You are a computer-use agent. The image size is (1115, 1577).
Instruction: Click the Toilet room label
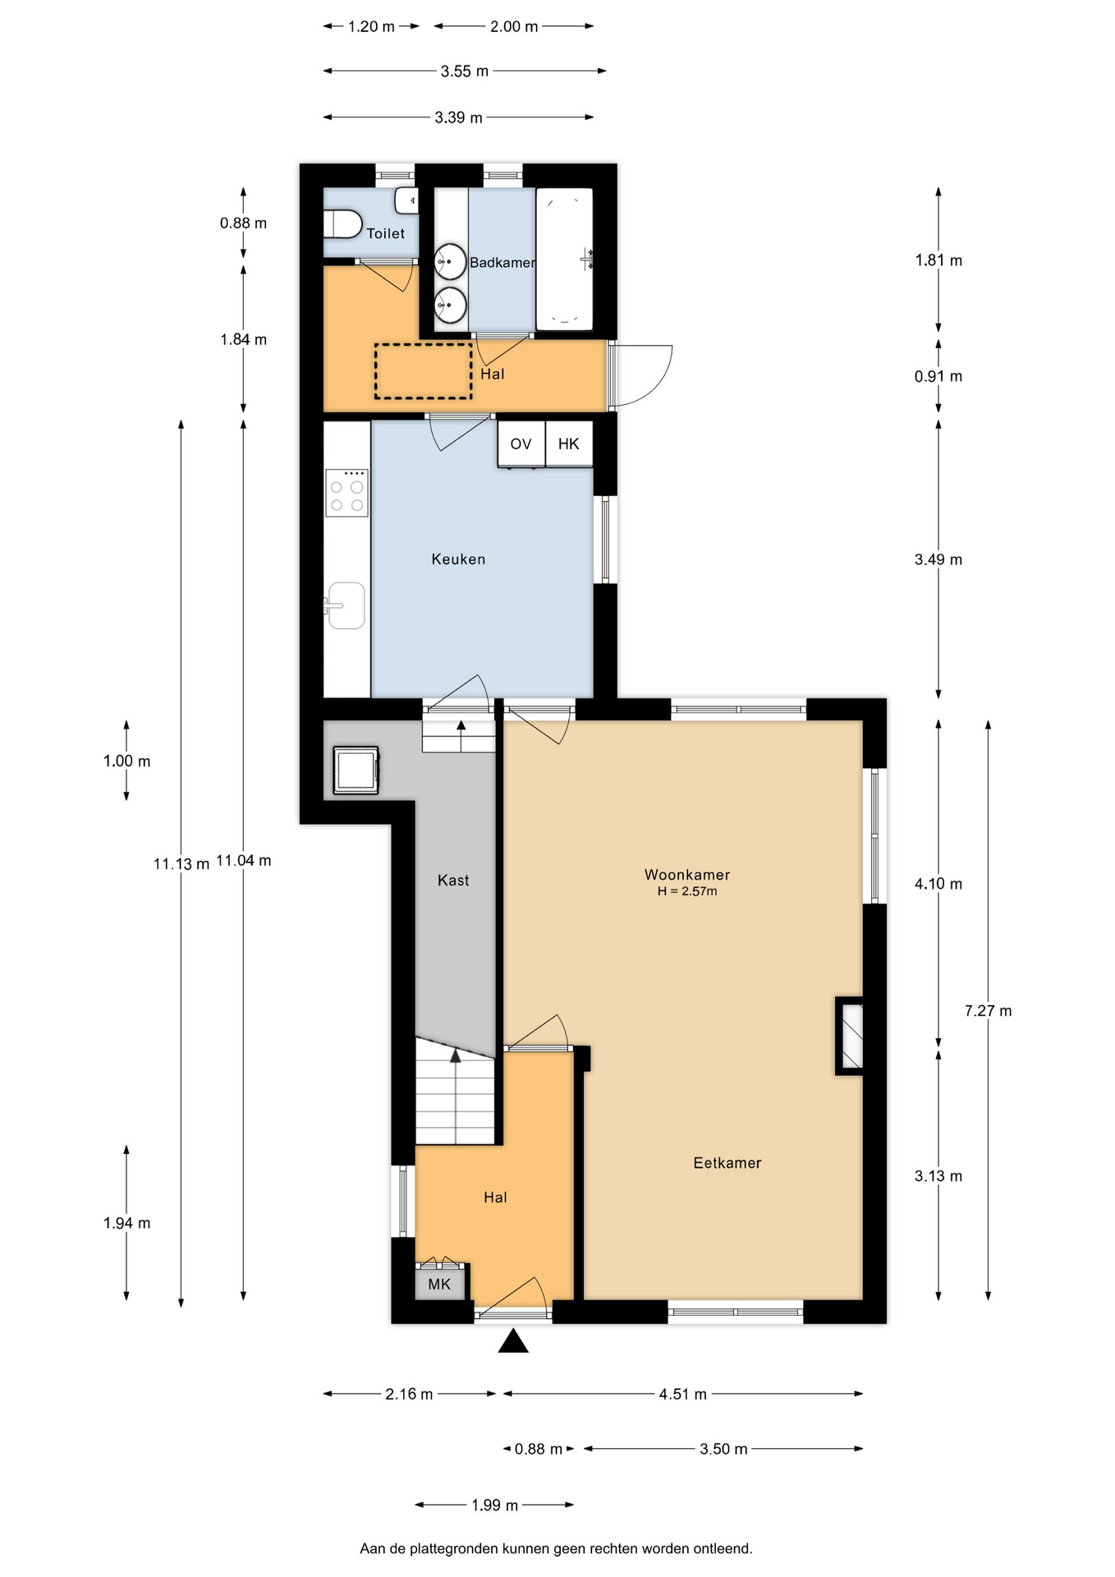point(385,233)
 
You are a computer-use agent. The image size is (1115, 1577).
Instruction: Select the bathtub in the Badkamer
point(564,259)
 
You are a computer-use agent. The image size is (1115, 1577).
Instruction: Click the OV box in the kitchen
point(521,444)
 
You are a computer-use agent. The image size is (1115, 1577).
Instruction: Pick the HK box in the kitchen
point(568,444)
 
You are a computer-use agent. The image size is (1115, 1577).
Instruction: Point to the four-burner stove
point(346,493)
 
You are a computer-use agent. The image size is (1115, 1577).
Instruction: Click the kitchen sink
point(346,606)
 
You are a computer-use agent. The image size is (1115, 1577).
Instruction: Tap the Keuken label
point(458,559)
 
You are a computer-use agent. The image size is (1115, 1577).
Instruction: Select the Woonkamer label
point(687,875)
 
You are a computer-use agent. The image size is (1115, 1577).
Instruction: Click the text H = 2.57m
point(687,891)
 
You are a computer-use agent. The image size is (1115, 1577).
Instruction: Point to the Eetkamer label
point(727,1163)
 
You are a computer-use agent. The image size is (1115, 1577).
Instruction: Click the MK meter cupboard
point(439,1284)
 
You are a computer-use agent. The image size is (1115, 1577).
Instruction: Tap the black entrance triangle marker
point(513,1341)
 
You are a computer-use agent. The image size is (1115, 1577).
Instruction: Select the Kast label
point(453,880)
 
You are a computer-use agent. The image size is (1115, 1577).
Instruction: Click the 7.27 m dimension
point(988,1011)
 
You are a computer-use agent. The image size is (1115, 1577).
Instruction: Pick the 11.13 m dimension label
point(181,864)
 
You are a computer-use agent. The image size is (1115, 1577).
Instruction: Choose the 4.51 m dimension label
point(682,1394)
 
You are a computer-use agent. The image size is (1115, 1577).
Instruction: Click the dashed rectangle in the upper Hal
point(424,371)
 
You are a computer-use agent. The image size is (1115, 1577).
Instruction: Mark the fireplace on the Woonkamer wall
point(850,1036)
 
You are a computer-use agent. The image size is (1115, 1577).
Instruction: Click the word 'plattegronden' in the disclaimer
point(455,1549)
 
